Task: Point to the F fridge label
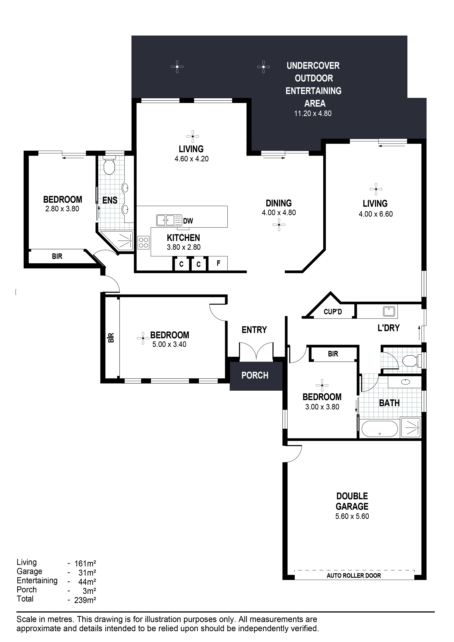tap(218, 263)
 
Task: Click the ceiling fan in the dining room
tap(279, 225)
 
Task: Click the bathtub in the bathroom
tap(379, 429)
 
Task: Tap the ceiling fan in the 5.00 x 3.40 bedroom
tap(143, 338)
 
